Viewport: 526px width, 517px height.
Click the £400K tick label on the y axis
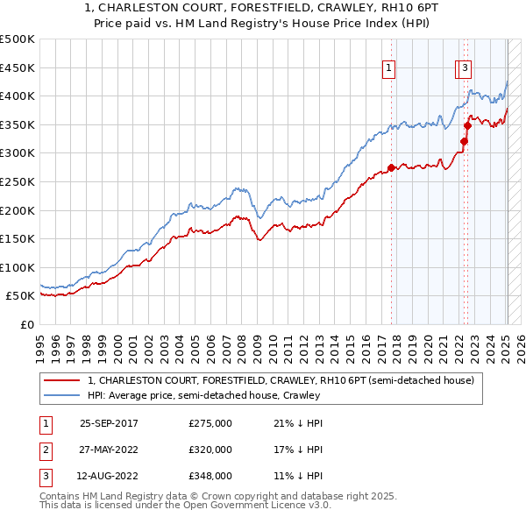click(18, 96)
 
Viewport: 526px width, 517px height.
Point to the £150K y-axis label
click(18, 238)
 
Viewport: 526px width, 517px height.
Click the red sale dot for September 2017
click(391, 168)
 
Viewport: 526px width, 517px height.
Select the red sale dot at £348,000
click(468, 126)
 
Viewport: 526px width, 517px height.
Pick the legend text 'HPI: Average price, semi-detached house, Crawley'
click(203, 396)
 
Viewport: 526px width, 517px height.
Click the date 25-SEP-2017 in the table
click(109, 423)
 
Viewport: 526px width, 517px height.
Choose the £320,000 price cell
click(210, 450)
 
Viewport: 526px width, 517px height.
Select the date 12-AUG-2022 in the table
click(109, 477)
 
